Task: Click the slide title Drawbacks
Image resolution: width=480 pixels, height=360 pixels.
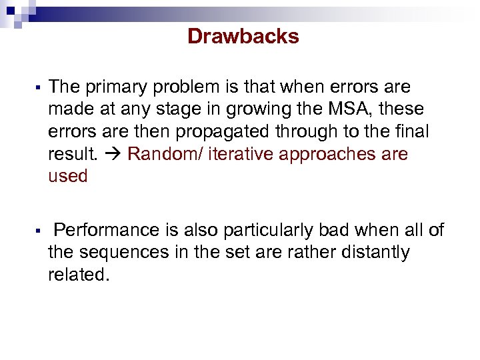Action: click(243, 36)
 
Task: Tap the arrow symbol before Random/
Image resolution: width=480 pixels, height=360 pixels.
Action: click(113, 155)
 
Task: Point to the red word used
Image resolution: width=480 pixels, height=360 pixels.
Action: click(68, 177)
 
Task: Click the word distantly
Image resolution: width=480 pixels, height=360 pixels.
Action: click(373, 253)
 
